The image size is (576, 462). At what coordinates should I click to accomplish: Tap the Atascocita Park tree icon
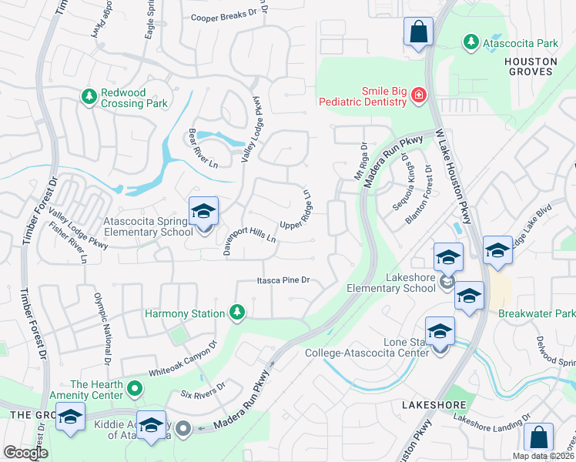[471, 44]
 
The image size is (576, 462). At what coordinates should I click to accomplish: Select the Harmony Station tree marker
[237, 313]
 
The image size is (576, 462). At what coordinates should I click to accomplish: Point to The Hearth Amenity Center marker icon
[136, 390]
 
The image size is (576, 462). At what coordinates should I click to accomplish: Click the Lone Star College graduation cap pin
[440, 333]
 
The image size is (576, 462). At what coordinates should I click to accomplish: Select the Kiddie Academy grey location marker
[183, 428]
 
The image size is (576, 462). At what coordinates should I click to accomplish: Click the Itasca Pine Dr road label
[283, 281]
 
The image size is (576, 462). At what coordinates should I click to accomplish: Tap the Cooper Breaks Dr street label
[223, 17]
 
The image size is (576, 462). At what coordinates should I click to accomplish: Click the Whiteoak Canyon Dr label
[183, 358]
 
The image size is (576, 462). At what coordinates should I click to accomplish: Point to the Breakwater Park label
[536, 314]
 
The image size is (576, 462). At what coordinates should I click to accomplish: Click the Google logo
[25, 453]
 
